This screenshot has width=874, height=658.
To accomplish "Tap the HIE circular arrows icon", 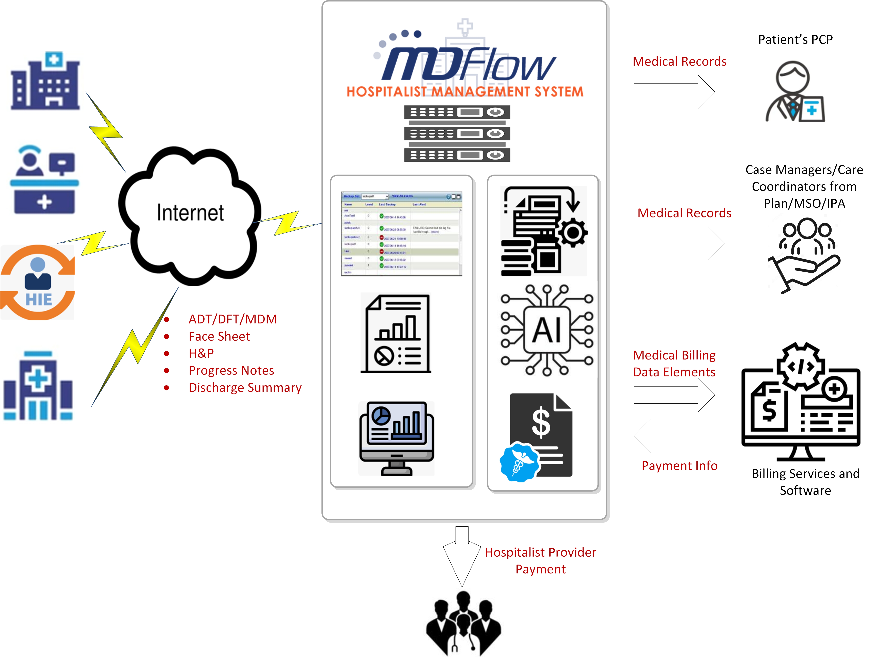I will (38, 282).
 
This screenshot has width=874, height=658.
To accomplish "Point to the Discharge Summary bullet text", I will (245, 388).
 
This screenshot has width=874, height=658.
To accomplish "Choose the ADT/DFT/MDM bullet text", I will (233, 319).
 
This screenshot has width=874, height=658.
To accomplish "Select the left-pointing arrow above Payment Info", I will (674, 435).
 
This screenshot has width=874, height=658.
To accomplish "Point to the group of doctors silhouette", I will (463, 624).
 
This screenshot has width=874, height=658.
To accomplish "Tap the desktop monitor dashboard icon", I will (396, 438).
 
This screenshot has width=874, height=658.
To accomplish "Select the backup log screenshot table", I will (401, 233).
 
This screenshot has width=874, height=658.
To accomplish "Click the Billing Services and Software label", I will (805, 482).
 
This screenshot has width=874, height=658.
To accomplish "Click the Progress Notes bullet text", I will (231, 370).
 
